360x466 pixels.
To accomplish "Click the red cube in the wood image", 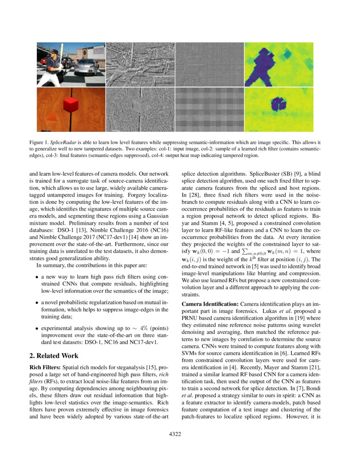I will point(70,105).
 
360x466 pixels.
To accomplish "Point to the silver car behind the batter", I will point(87,66).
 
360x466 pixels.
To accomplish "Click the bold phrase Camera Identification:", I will point(210,304).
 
